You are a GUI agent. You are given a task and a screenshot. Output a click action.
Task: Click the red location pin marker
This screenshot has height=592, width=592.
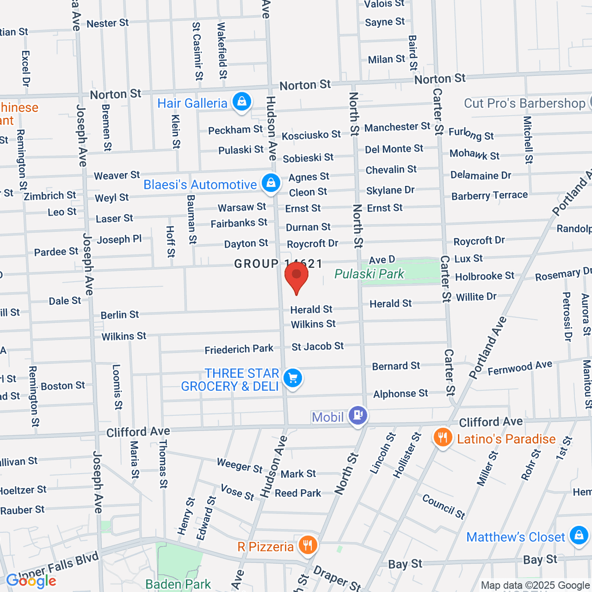click(x=296, y=276)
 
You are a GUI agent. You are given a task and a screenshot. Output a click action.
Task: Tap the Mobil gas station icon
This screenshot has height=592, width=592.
click(x=358, y=415)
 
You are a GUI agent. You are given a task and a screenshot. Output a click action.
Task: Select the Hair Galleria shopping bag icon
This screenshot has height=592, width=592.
click(x=242, y=102)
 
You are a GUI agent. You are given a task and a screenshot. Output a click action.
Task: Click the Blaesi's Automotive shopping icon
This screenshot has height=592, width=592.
click(x=270, y=184)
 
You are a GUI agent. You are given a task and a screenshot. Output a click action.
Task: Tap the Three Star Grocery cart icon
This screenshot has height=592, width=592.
click(x=293, y=379)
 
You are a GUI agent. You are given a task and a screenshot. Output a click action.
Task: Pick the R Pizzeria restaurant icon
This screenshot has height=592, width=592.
click(x=308, y=545)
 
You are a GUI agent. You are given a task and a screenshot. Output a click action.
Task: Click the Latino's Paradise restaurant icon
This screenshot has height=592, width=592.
click(x=443, y=438)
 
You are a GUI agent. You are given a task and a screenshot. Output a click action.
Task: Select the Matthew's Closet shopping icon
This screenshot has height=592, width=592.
click(x=578, y=536)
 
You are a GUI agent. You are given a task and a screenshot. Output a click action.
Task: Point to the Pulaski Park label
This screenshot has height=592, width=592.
click(x=369, y=274)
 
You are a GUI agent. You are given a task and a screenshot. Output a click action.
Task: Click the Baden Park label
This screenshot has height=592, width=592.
click(x=178, y=585)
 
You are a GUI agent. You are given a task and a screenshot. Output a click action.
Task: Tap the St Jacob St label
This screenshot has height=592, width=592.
click(x=318, y=346)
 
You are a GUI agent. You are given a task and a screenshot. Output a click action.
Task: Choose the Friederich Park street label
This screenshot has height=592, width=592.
click(x=239, y=349)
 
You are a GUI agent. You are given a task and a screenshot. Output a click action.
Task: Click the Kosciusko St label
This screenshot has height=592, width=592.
click(x=311, y=135)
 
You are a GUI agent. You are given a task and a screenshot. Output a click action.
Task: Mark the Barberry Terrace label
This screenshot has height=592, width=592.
click(x=489, y=195)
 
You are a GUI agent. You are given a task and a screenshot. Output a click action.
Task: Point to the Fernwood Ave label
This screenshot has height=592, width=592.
click(x=520, y=368)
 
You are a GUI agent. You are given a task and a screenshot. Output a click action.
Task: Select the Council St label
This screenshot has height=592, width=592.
click(x=444, y=506)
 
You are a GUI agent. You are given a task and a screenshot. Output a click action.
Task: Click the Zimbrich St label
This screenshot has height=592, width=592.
click(x=50, y=196)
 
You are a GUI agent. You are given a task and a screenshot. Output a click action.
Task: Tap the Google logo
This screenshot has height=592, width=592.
click(x=31, y=581)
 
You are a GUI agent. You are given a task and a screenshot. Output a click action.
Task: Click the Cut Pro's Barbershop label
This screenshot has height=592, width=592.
click(x=524, y=103)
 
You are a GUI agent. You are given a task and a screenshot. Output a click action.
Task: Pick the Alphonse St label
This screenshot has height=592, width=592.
click(x=401, y=394)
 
